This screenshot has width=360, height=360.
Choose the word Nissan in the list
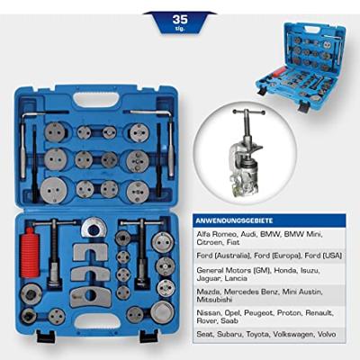(x=208, y=313)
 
